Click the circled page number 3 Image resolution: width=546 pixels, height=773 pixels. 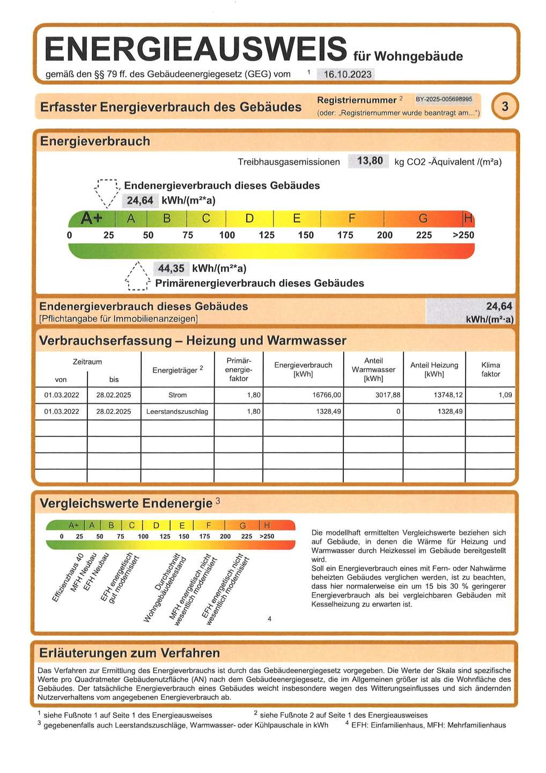click(x=505, y=106)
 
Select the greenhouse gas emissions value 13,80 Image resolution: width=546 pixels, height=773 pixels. click(x=369, y=161)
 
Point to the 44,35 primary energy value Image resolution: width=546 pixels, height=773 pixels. click(x=171, y=268)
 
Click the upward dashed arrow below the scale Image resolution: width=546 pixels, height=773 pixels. click(x=137, y=278)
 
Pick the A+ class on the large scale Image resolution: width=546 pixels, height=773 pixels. click(x=92, y=218)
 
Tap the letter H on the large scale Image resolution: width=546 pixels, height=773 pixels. click(x=468, y=218)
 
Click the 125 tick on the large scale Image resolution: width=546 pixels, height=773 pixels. click(x=267, y=235)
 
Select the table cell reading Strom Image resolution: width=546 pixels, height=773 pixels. click(x=178, y=395)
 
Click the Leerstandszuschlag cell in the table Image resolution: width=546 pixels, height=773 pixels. click(x=178, y=412)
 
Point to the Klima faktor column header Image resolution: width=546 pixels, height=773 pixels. click(x=490, y=369)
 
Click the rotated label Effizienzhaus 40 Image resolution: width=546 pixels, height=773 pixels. click(x=68, y=578)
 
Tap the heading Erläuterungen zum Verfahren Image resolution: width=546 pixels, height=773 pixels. click(x=130, y=653)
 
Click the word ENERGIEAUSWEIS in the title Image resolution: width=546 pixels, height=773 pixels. click(x=196, y=49)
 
